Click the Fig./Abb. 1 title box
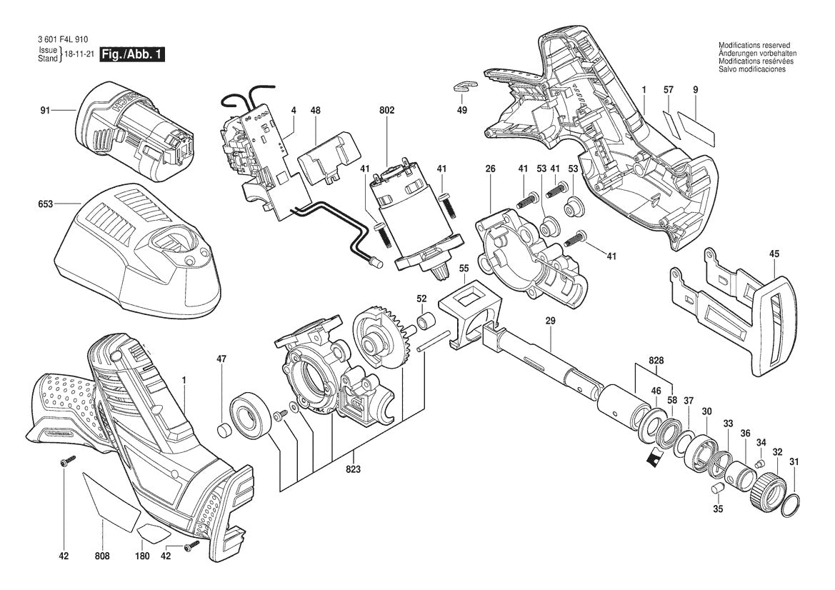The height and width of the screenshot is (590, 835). [133, 55]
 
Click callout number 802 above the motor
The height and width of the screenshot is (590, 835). [387, 111]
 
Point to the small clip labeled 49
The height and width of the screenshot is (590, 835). [462, 86]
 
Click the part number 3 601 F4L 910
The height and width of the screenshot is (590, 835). [64, 41]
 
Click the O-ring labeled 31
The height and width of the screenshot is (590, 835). [789, 505]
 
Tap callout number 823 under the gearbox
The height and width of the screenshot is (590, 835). [353, 469]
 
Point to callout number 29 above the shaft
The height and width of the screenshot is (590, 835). [550, 323]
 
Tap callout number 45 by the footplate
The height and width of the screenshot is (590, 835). [774, 253]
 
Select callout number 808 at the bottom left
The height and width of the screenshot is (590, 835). [103, 556]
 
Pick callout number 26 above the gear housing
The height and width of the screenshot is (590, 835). [490, 169]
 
